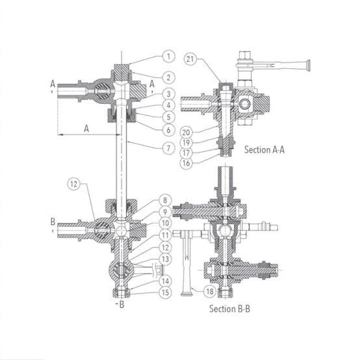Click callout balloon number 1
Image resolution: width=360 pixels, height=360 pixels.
pyautogui.click(x=168, y=57)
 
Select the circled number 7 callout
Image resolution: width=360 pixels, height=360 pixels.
pyautogui.click(x=168, y=148)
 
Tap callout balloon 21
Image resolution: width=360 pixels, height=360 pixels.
pyautogui.click(x=190, y=59)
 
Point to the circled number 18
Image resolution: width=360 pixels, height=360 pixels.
pyautogui.click(x=210, y=292)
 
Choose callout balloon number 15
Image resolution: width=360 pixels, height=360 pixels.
pyautogui.click(x=165, y=292)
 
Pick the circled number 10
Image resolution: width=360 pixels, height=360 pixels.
pyautogui.click(x=165, y=223)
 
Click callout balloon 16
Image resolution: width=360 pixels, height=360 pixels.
pyautogui.click(x=186, y=163)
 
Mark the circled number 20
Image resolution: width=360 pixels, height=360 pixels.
pyautogui.click(x=186, y=133)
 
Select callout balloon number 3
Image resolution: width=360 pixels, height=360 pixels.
pyautogui.click(x=168, y=94)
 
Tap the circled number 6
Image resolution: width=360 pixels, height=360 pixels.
pyautogui.click(x=168, y=130)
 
